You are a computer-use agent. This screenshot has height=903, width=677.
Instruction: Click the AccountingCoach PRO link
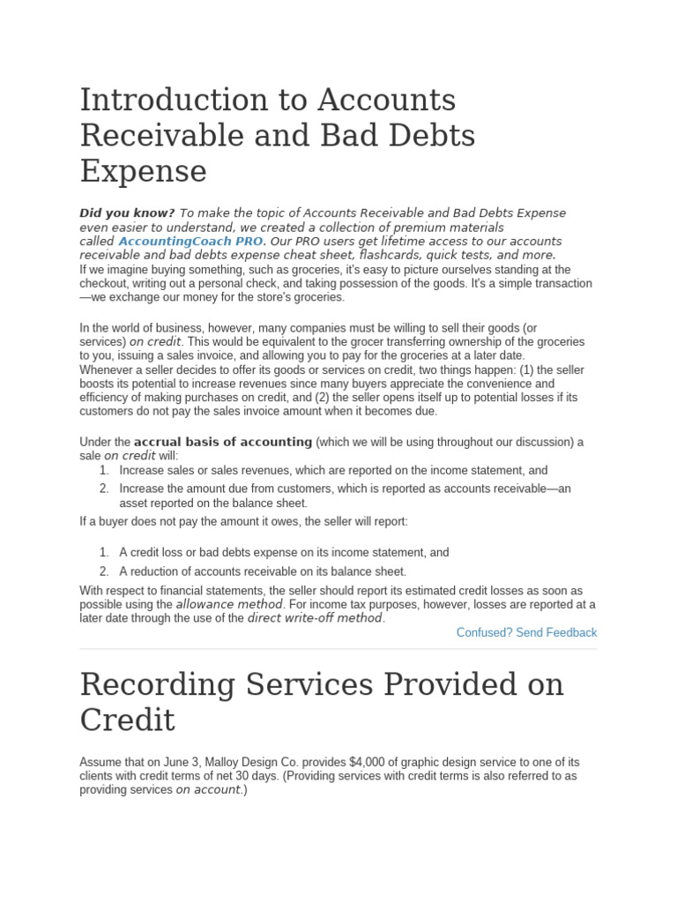coord(190,242)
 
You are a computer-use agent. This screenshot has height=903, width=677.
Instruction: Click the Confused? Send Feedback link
coord(526,632)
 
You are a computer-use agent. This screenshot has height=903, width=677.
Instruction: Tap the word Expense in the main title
coord(143,170)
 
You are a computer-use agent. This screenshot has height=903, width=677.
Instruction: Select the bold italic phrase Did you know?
coord(127,213)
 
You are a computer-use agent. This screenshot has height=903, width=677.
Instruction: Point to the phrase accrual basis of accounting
coord(223,442)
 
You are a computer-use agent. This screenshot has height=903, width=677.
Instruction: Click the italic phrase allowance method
coord(229,605)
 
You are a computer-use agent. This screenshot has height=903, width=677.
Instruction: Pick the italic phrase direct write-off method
coord(316,618)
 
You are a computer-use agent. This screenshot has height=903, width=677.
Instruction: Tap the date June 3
coord(182,762)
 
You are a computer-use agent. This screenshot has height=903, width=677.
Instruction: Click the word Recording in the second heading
coord(162,685)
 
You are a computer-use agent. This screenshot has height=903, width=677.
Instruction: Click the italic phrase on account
coord(208,790)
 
